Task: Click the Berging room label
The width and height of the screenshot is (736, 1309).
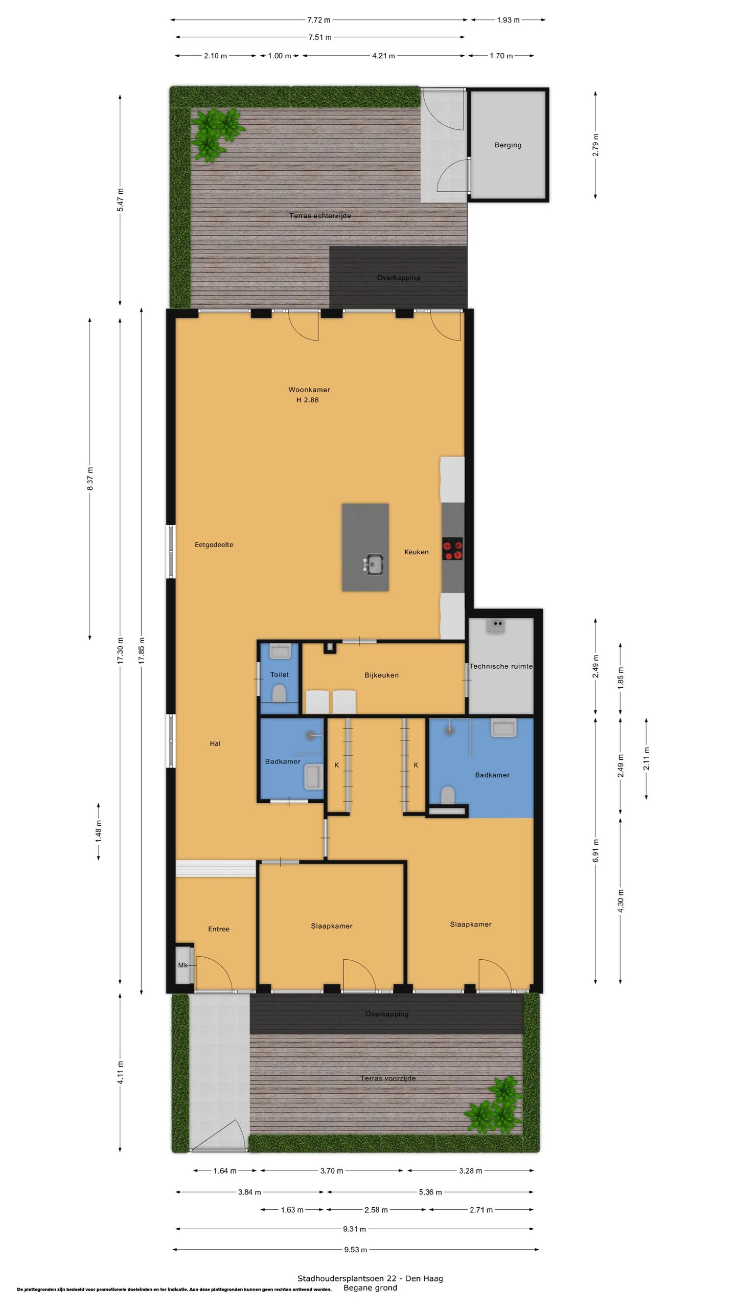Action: tap(508, 145)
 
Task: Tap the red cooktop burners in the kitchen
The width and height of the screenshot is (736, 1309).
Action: tap(452, 549)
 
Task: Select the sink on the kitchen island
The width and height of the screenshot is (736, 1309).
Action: tap(374, 565)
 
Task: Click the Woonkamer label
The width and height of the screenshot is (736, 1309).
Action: tap(309, 390)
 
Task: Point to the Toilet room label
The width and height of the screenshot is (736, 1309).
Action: tap(280, 675)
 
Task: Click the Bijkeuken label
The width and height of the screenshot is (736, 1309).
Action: tap(381, 675)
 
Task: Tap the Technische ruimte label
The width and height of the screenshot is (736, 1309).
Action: tap(501, 666)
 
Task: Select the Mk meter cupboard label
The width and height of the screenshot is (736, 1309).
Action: tap(182, 965)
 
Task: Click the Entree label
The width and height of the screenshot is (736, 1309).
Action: tap(219, 929)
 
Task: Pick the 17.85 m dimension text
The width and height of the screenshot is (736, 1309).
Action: tap(142, 650)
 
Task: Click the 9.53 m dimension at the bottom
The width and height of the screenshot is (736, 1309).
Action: tap(355, 1250)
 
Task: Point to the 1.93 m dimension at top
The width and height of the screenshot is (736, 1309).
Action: tap(508, 20)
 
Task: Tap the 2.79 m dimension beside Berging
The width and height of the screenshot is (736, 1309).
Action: tap(595, 145)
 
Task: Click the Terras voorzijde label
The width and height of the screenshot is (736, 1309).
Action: tap(388, 1078)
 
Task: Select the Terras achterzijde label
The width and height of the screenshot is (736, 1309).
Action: tap(320, 216)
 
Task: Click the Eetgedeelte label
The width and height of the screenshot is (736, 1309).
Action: tap(214, 545)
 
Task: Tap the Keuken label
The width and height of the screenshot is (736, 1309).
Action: tap(416, 552)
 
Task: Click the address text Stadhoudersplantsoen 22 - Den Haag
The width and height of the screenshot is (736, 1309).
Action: tap(370, 1278)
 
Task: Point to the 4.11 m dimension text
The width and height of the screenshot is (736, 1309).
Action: tap(120, 1073)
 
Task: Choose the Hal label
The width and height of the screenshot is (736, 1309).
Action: tap(215, 743)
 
